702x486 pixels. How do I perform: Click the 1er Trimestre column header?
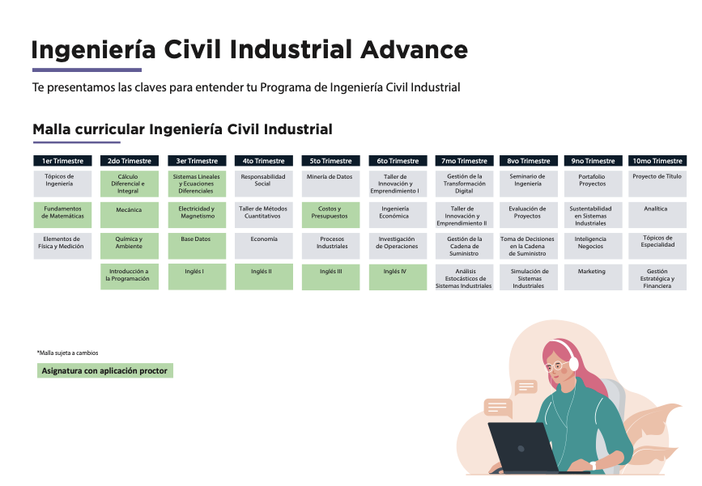click(x=62, y=161)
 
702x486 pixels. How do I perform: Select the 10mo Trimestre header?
click(x=657, y=161)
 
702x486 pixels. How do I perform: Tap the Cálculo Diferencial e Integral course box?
click(x=130, y=184)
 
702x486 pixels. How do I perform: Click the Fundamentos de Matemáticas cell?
click(x=62, y=215)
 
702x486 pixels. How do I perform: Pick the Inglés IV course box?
click(x=398, y=277)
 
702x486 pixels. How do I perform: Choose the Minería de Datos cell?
click(x=331, y=184)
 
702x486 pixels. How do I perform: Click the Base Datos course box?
click(x=197, y=246)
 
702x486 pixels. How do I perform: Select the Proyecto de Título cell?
click(x=657, y=184)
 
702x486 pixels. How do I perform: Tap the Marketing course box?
click(x=594, y=277)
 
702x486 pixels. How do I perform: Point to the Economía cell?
click(x=264, y=246)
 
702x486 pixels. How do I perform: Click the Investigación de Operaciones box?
click(x=398, y=246)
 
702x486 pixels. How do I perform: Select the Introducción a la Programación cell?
click(x=130, y=277)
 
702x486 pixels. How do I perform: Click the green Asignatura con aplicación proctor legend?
click(x=105, y=370)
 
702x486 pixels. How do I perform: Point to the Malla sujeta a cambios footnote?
click(x=67, y=353)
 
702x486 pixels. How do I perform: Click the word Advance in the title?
click(x=414, y=49)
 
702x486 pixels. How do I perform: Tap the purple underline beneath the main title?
click(x=87, y=70)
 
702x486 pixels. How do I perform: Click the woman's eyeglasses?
click(x=555, y=366)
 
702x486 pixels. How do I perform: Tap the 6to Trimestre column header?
click(x=398, y=161)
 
